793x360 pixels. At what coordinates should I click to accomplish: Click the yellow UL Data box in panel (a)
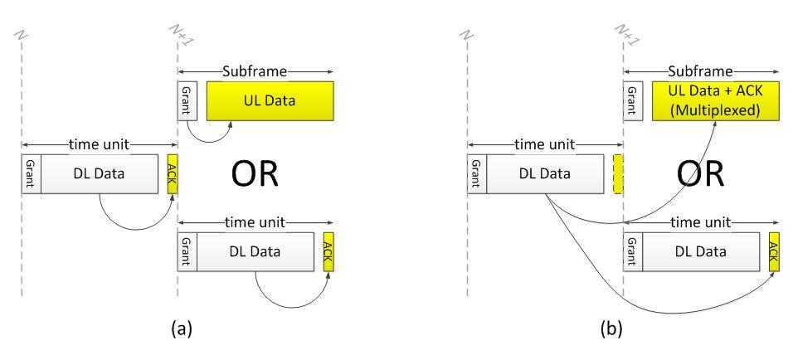270,99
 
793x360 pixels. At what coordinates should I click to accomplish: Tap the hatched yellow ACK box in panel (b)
617,173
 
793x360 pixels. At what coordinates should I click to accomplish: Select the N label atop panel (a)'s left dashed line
24,37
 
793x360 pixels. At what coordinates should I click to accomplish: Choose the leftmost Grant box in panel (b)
475,173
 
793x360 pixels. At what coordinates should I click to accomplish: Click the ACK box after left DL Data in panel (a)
172,173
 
